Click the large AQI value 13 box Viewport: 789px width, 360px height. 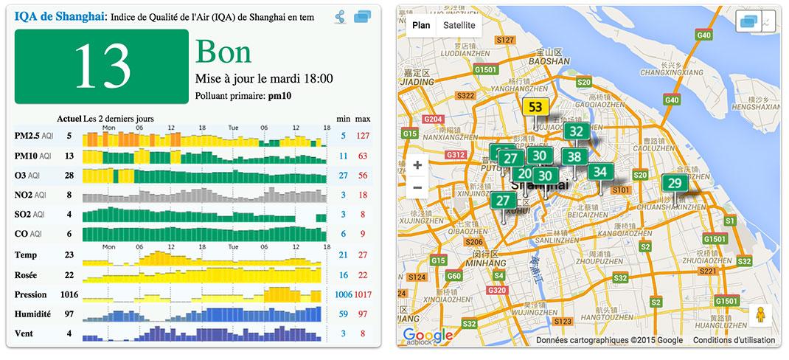point(102,67)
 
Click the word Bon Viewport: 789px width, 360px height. point(223,52)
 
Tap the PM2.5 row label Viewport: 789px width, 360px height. point(27,136)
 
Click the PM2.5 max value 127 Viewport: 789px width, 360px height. point(362,136)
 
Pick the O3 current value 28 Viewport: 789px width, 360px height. point(69,176)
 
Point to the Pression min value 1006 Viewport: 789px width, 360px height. point(343,294)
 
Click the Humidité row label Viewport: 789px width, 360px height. point(32,314)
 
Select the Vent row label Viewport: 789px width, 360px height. point(24,334)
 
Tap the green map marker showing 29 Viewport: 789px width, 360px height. point(673,184)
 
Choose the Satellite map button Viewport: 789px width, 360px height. point(458,26)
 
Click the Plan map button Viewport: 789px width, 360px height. point(421,26)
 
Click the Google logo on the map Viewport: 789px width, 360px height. point(428,336)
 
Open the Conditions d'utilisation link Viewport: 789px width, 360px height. point(734,340)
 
